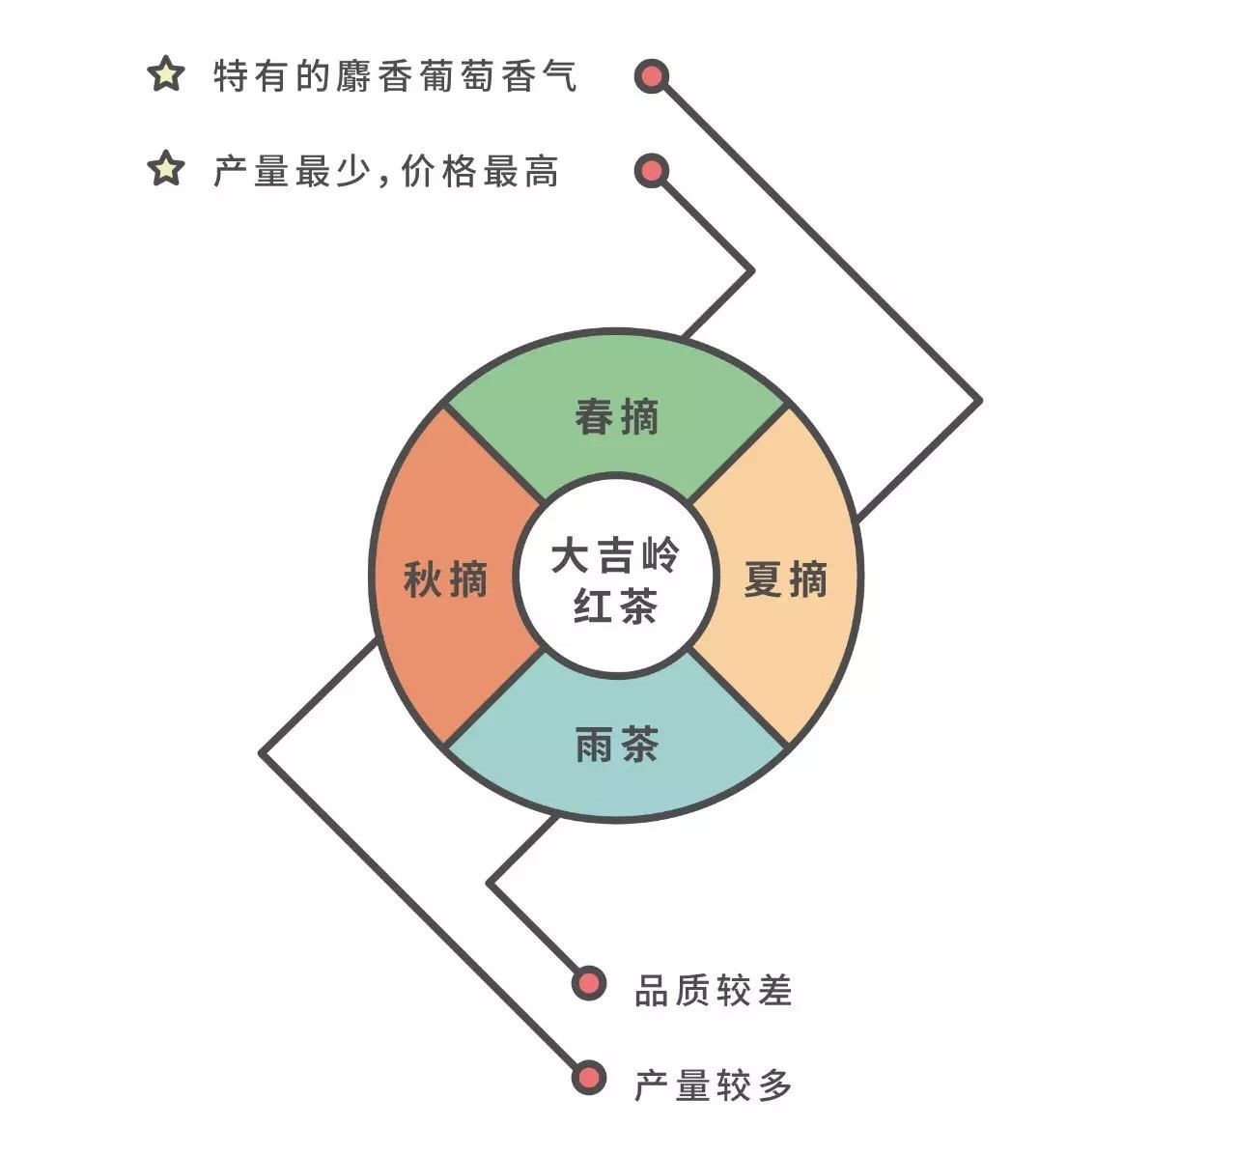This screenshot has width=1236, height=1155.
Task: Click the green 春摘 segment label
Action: [616, 416]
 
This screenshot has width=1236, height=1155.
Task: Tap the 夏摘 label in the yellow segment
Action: [786, 579]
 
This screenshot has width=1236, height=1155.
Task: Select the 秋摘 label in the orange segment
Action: [445, 579]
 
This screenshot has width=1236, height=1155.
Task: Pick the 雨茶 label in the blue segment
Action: [617, 745]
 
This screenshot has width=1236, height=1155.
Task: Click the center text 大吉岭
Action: [615, 554]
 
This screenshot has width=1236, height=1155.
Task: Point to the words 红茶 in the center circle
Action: [615, 606]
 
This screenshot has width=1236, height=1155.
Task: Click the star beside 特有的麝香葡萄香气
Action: [166, 74]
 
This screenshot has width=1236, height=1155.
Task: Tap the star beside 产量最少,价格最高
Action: [166, 168]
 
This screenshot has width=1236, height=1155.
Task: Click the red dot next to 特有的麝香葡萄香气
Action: [652, 76]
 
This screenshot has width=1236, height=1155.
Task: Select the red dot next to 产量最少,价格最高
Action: [652, 171]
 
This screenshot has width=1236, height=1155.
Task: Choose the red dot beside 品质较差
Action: [589, 984]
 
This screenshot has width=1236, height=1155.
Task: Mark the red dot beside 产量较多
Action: [589, 1078]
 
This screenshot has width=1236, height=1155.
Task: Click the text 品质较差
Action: [714, 990]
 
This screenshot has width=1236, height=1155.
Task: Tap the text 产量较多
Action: [714, 1085]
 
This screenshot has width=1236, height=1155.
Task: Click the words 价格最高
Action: [480, 171]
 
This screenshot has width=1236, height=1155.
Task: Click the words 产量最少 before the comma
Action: [292, 171]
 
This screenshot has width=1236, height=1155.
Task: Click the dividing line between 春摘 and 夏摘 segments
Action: [738, 454]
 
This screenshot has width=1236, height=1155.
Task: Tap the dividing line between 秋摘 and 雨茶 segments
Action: [494, 696]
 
